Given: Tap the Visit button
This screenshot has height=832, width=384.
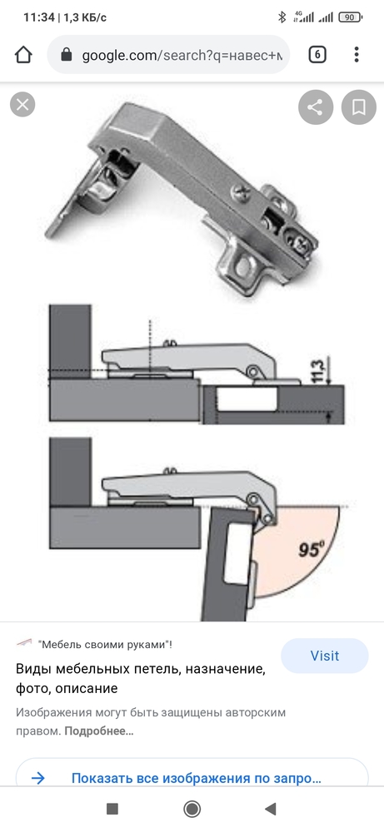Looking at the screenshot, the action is click(325, 656).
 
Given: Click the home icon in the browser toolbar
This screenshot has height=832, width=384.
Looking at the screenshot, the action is click(23, 54).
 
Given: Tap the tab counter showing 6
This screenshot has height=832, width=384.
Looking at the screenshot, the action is click(317, 54).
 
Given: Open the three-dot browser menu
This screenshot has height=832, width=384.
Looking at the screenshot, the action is click(357, 54).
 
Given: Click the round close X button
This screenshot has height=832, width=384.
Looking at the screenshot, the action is click(22, 105).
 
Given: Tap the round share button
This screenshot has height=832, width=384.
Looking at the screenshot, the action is click(316, 107).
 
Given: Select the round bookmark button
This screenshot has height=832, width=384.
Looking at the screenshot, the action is click(358, 107).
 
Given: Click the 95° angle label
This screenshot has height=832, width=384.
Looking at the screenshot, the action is click(311, 549).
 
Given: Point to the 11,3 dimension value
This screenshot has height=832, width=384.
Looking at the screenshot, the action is click(317, 372).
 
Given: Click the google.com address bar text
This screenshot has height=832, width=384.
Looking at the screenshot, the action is click(182, 55).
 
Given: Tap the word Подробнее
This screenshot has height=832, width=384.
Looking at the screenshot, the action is click(99, 730).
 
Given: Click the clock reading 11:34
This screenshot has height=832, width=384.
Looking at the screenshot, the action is click(39, 17).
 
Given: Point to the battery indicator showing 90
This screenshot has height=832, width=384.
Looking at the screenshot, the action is click(350, 17).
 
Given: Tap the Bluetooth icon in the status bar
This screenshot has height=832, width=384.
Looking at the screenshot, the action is click(282, 17).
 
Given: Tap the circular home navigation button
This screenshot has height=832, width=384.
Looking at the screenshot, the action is click(192, 809).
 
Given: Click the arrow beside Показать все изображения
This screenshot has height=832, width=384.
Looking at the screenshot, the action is click(38, 779).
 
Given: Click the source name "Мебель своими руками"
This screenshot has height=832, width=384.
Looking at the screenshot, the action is click(105, 645).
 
